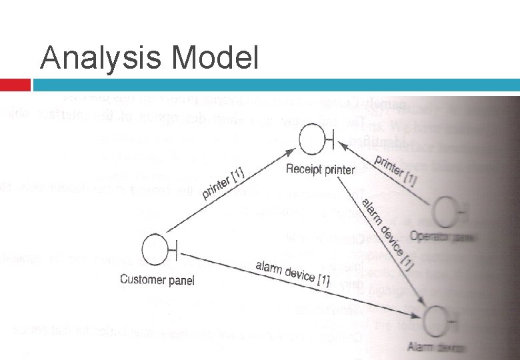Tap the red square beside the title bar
pyautogui.click(x=15, y=85)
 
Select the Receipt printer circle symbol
pyautogui.click(x=311, y=139)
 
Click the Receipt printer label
pyautogui.click(x=320, y=169)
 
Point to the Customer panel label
pyautogui.click(x=157, y=280)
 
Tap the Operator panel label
pyautogui.click(x=437, y=237)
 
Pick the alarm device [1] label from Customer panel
pyautogui.click(x=293, y=272)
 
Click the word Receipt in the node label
pyautogui.click(x=303, y=169)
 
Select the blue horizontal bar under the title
pyautogui.click(x=276, y=85)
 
